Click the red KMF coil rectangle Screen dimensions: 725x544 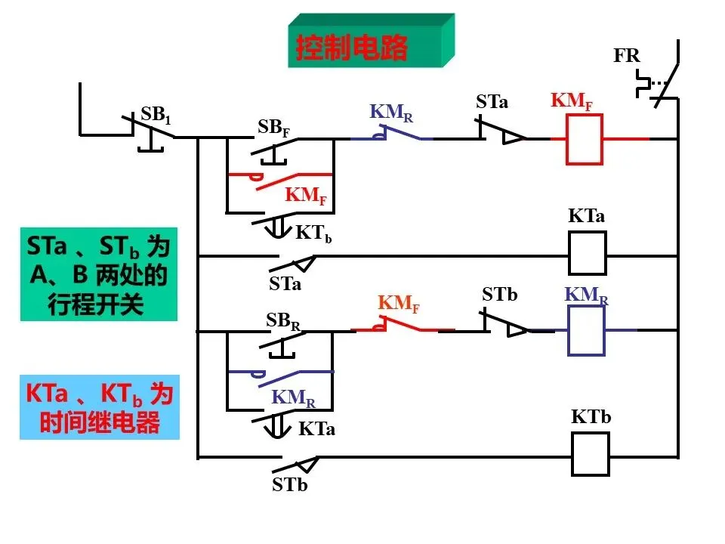[585, 139]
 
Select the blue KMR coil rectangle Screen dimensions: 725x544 [586, 330]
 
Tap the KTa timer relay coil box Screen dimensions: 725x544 [588, 253]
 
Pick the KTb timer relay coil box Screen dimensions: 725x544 [591, 454]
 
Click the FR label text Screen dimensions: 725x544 [627, 55]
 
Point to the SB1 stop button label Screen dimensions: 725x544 [156, 114]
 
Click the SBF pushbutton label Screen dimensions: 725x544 [273, 127]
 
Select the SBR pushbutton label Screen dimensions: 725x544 [283, 320]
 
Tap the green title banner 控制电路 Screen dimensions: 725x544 [371, 41]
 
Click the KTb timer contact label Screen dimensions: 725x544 [313, 233]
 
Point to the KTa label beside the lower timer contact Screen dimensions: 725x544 [316, 429]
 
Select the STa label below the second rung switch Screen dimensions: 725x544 [285, 283]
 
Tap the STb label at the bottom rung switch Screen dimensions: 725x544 [289, 484]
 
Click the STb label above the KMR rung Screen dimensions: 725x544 [499, 294]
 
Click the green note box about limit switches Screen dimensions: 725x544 [99, 274]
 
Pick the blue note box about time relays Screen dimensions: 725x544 [100, 407]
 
